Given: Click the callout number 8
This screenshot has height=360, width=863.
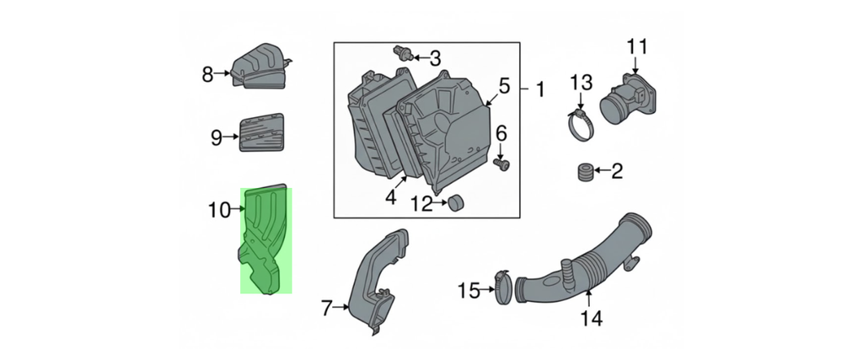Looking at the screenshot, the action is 207,73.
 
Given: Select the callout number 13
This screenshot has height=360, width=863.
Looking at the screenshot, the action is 582,83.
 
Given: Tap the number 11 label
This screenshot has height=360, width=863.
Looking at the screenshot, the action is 637,46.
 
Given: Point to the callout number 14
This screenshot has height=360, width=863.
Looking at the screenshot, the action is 590,318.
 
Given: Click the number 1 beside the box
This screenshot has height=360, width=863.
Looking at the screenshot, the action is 540,89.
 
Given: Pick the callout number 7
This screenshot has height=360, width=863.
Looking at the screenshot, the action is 327,309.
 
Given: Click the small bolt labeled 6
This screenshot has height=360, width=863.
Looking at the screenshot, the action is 502,164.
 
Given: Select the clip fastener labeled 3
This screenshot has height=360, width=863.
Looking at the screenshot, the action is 404,53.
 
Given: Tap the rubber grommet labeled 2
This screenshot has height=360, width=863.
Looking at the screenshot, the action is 584,172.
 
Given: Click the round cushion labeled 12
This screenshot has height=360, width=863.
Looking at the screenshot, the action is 456,202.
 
